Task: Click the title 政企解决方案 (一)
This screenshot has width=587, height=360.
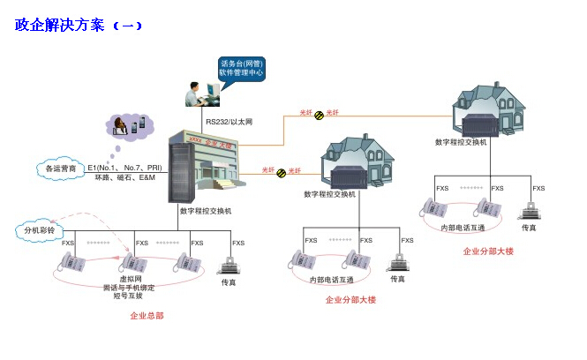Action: click(78, 25)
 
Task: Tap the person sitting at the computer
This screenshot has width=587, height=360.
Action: click(194, 94)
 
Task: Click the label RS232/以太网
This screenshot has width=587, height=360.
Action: click(230, 121)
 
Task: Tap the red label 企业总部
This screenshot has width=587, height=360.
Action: click(147, 315)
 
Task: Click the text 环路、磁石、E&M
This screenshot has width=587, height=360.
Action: click(124, 177)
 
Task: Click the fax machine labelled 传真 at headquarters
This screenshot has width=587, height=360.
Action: click(231, 264)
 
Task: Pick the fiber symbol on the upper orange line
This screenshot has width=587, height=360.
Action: click(319, 114)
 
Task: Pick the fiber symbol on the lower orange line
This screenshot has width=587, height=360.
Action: click(282, 171)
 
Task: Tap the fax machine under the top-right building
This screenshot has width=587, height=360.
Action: click(529, 210)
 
